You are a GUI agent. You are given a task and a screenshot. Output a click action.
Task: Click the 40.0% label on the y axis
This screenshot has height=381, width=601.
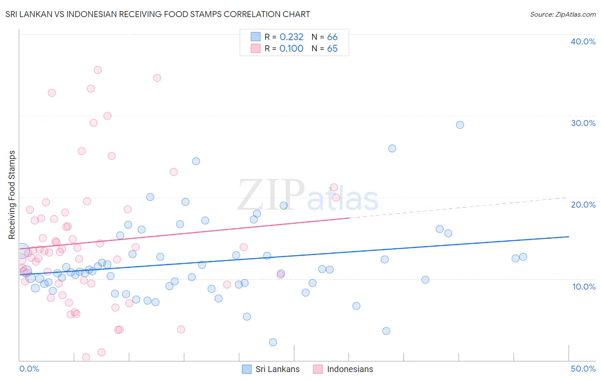point(583,41)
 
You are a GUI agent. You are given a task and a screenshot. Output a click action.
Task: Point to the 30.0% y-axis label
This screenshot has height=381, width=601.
point(583,123)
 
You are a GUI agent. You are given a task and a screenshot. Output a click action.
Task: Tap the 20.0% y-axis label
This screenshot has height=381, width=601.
point(583,205)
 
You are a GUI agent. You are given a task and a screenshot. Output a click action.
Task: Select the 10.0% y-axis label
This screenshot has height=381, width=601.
point(583,287)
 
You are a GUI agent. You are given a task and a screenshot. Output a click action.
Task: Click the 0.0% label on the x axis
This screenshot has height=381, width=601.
point(29,369)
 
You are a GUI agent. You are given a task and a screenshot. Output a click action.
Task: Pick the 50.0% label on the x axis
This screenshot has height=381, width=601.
point(583,369)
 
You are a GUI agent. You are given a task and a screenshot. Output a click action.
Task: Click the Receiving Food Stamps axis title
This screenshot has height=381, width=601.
point(12,195)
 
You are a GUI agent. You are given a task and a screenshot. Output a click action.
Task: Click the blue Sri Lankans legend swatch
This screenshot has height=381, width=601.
point(247,369)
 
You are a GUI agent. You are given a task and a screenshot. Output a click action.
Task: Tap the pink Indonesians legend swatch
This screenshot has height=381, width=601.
point(318,369)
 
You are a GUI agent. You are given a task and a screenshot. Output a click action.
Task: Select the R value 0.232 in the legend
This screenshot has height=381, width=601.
point(291,37)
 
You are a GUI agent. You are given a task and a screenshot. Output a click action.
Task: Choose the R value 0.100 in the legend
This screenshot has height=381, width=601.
point(291,49)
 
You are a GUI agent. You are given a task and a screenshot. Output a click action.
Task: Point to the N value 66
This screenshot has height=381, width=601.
point(332,37)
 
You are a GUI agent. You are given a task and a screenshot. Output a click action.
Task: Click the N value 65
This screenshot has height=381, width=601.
point(332,49)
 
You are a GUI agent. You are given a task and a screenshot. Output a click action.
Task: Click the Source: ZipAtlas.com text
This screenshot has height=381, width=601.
point(563,15)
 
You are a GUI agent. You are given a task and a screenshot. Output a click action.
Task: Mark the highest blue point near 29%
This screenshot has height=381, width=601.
point(460,125)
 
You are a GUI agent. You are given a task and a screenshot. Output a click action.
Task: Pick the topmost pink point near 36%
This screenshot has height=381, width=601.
point(97,70)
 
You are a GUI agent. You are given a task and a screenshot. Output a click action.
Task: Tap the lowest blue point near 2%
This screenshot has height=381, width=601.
point(273,342)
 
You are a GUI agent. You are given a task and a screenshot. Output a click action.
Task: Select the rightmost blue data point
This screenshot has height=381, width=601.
point(523,257)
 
